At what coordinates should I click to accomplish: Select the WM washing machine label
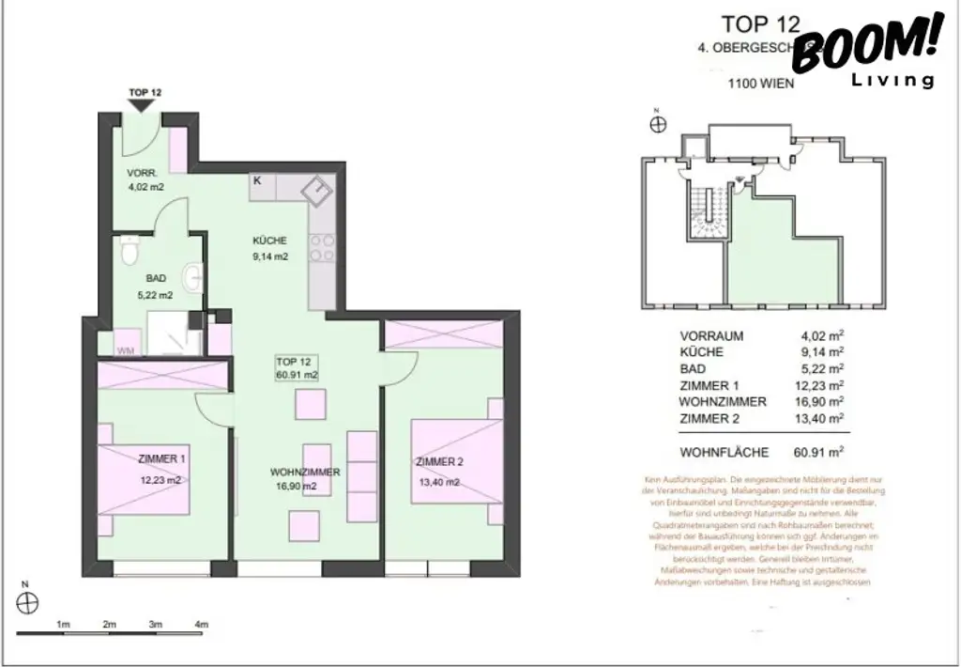click(124, 350)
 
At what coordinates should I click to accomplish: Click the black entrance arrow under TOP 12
click(144, 106)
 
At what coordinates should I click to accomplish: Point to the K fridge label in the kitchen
click(257, 180)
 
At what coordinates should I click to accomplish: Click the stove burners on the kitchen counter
click(322, 247)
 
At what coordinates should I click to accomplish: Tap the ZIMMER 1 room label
click(161, 459)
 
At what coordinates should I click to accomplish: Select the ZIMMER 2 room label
click(440, 462)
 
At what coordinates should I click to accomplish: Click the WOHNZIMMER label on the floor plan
click(304, 472)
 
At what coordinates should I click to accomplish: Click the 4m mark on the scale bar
click(200, 624)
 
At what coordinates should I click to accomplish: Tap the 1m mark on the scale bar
click(64, 624)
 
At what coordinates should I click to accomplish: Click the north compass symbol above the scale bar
click(30, 601)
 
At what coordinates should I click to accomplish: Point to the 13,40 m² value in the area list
click(818, 418)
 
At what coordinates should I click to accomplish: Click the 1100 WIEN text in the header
click(761, 83)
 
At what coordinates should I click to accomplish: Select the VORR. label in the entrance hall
click(144, 174)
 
